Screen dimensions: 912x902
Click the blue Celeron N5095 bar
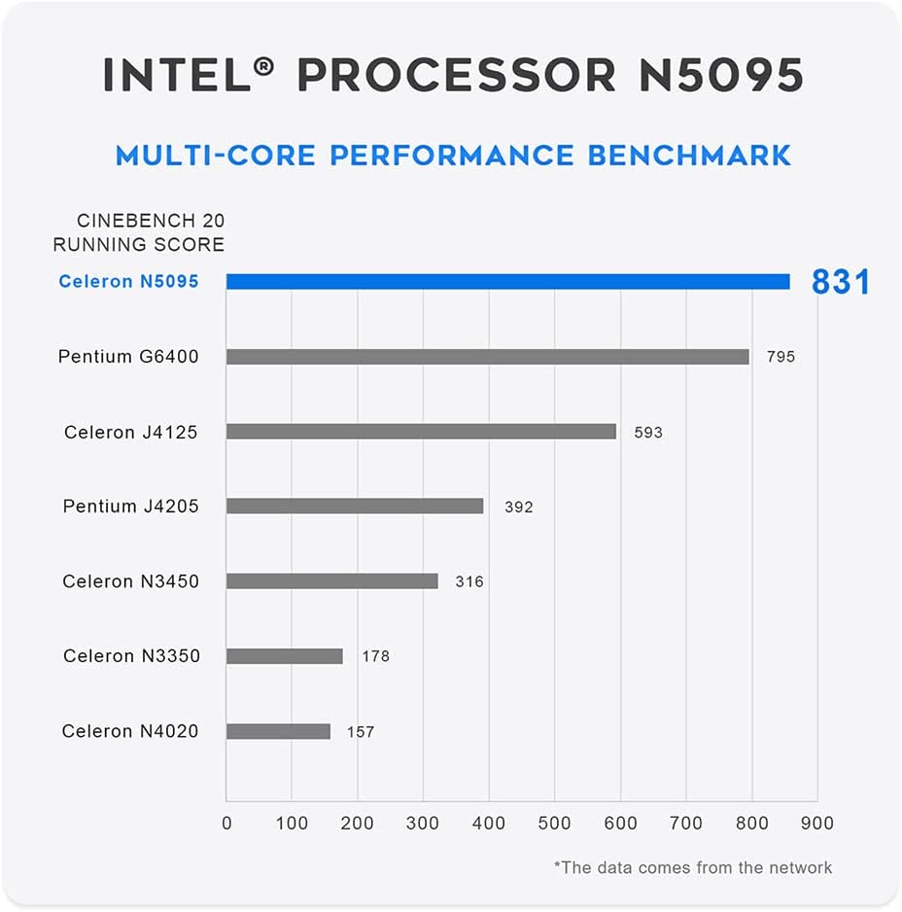coord(507,281)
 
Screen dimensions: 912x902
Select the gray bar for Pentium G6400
coord(487,357)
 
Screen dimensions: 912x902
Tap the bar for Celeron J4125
coord(421,432)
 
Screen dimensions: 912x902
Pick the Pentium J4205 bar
coord(355,507)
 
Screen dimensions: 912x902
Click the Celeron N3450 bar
coord(331,581)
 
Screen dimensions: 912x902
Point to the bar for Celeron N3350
coord(284,656)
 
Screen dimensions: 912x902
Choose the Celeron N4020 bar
coord(278,731)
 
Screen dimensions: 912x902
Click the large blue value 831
coord(841,282)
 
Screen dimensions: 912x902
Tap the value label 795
coord(781,357)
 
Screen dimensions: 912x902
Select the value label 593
coord(648,432)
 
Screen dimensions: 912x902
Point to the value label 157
coord(361,731)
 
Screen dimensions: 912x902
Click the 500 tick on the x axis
coord(554,824)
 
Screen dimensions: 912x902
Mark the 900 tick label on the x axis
coord(817,824)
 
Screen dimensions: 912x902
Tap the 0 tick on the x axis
coord(226,824)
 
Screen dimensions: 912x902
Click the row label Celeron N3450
coord(130,581)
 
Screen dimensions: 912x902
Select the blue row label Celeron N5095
coord(128,282)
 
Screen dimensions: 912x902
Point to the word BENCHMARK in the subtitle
coord(689,156)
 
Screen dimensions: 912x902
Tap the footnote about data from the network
coord(693,866)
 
